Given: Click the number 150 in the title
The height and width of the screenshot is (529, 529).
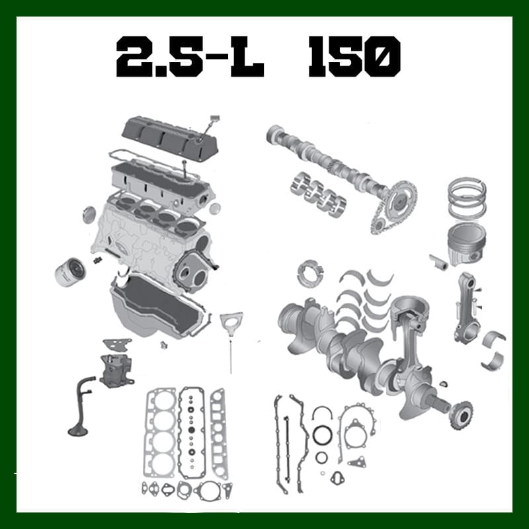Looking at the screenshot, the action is [354, 57].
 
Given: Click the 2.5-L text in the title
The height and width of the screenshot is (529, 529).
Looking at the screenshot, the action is [190, 57].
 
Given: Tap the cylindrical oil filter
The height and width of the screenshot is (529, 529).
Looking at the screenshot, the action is [70, 272].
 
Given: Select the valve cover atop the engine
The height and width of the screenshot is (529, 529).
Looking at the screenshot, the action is [171, 138].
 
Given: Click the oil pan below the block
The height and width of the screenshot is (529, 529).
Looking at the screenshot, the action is [159, 307].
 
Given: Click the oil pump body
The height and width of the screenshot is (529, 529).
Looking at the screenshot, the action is [116, 370].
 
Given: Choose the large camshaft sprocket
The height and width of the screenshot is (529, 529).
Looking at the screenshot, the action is [401, 198].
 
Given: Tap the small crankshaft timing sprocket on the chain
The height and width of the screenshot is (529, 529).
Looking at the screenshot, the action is [378, 225].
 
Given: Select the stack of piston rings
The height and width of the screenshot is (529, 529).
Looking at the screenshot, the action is [468, 198].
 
